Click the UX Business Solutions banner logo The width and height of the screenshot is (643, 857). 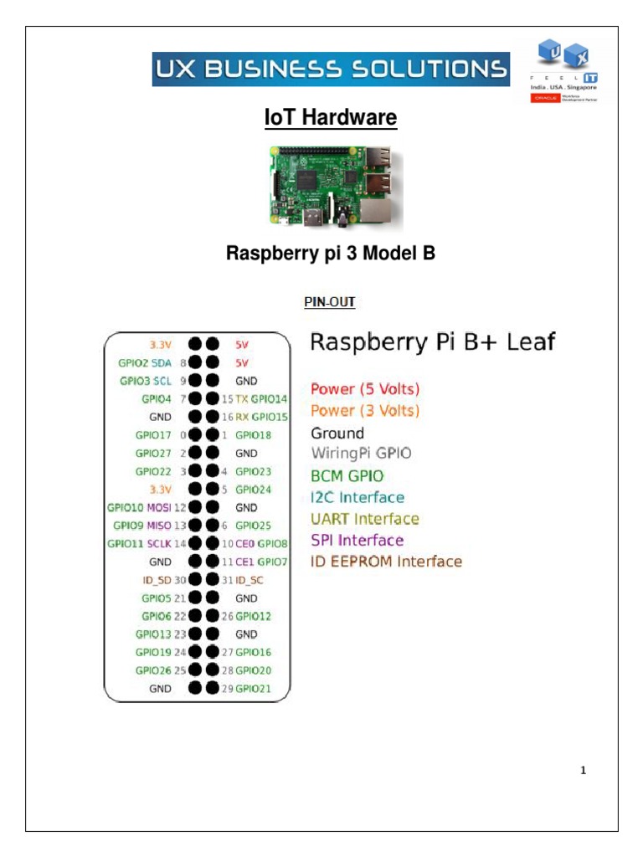point(330,69)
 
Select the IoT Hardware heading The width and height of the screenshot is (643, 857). point(330,119)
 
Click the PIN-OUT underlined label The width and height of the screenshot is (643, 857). point(330,302)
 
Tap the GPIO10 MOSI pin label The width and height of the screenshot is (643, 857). point(138,507)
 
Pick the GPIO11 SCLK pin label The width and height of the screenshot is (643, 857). point(140,543)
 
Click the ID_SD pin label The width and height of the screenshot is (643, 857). point(157,579)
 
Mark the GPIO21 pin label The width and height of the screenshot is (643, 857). point(253,688)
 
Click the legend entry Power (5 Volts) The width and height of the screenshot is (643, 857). point(365,389)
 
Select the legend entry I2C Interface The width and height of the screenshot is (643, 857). point(358,497)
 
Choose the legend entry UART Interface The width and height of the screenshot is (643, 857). point(365,519)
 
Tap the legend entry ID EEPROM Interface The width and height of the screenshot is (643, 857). point(386,562)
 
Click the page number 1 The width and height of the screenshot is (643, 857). point(584,771)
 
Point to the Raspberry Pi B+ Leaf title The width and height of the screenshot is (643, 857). point(433,342)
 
